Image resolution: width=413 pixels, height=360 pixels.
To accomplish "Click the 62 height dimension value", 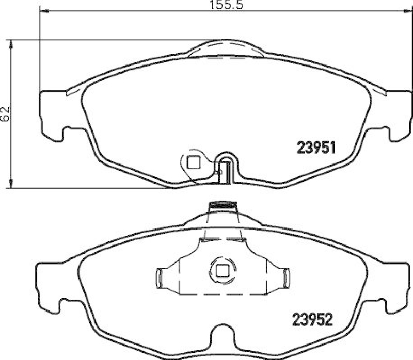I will click(x=6, y=114).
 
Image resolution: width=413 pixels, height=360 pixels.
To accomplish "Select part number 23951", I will click(x=316, y=149).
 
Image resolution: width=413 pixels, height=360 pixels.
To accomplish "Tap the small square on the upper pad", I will click(x=193, y=162).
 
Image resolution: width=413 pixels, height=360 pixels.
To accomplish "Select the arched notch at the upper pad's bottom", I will click(x=226, y=164).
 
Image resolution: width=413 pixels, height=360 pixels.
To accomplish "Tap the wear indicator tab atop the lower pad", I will click(x=223, y=206).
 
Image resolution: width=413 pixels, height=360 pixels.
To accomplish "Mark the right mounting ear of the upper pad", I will click(x=398, y=116).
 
